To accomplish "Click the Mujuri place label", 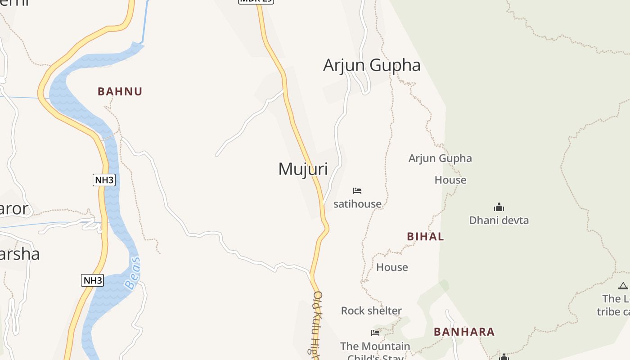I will pyautogui.click(x=303, y=169).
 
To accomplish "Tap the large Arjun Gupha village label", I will pyautogui.click(x=372, y=65).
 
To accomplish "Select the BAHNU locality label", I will pyautogui.click(x=120, y=92).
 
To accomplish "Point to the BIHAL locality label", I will pyautogui.click(x=425, y=237).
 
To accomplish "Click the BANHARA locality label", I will pyautogui.click(x=464, y=332).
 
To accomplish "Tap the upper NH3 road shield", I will pyautogui.click(x=104, y=180).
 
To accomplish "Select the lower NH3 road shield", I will pyautogui.click(x=93, y=280).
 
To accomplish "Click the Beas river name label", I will pyautogui.click(x=133, y=273).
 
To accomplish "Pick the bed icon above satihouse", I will pyautogui.click(x=357, y=191).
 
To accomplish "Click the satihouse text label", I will pyautogui.click(x=357, y=204).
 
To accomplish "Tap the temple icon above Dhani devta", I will pyautogui.click(x=499, y=207).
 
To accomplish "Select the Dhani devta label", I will pyautogui.click(x=499, y=220).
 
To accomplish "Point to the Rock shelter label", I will pyautogui.click(x=371, y=311).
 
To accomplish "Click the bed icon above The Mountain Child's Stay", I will pyautogui.click(x=375, y=333).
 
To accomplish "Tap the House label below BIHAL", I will pyautogui.click(x=392, y=267).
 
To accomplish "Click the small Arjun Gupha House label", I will pyautogui.click(x=440, y=169).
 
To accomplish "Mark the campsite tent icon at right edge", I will pyautogui.click(x=623, y=286).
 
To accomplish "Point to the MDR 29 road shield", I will pyautogui.click(x=256, y=1).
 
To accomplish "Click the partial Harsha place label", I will pyautogui.click(x=20, y=254).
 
